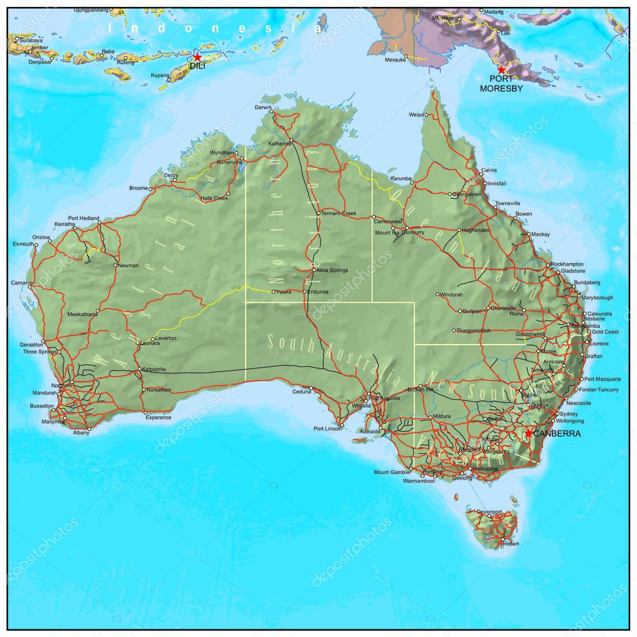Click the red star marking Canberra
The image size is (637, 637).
click(528, 433)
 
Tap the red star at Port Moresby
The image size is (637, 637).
click(501, 70)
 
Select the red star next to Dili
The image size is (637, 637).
click(197, 57)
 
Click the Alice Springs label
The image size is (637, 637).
click(333, 271)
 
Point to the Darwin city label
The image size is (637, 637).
click(263, 107)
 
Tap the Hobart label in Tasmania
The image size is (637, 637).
click(510, 544)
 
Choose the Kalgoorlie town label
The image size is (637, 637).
click(154, 369)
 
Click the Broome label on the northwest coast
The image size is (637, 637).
click(138, 188)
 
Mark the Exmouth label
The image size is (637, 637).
click(24, 244)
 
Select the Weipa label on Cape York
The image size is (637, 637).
click(416, 115)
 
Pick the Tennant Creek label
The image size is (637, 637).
click(339, 213)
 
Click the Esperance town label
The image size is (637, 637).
click(158, 417)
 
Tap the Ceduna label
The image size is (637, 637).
click(301, 392)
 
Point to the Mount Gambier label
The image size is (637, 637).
click(391, 472)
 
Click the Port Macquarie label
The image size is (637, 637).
click(603, 379)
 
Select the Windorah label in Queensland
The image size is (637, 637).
click(452, 294)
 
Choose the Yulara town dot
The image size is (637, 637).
click(272, 291)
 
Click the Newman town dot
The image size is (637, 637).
click(115, 266)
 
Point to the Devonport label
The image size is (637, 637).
click(489, 511)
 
